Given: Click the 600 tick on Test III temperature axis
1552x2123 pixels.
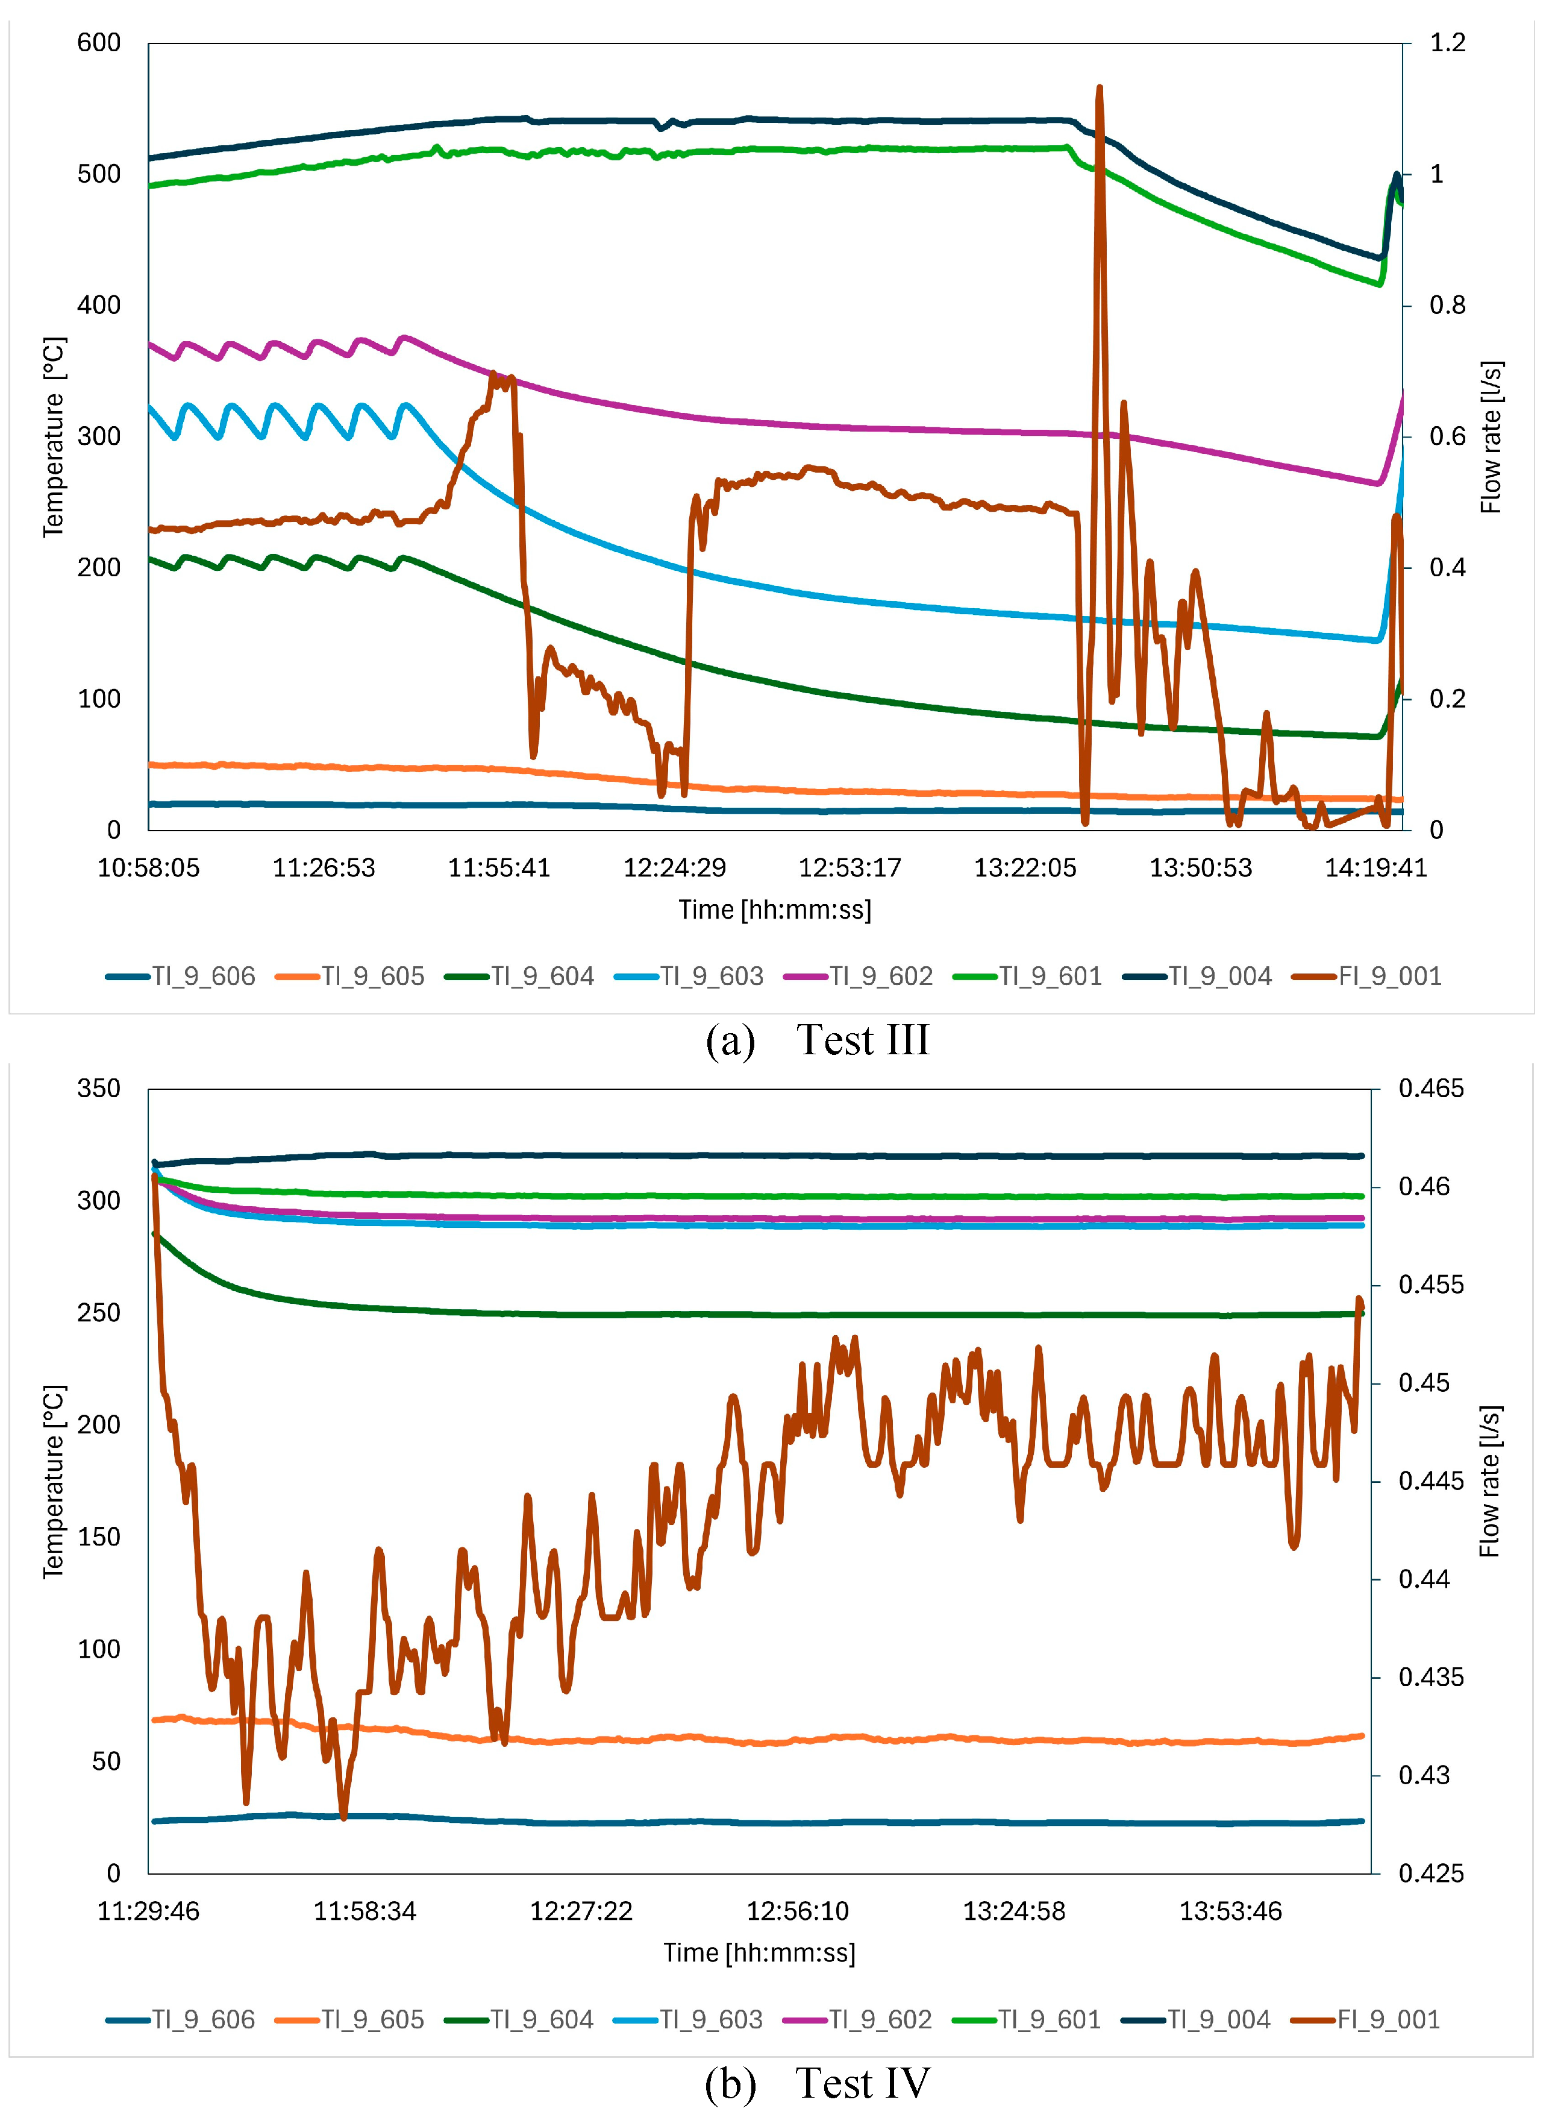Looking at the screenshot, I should pyautogui.click(x=99, y=43).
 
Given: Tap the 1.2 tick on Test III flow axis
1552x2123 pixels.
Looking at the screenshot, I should pyautogui.click(x=1447, y=43).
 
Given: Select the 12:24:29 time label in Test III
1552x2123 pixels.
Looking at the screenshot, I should pyautogui.click(x=675, y=867).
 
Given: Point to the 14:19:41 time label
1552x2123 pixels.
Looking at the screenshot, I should pyautogui.click(x=1375, y=867).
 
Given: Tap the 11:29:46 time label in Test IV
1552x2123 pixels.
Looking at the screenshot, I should pyautogui.click(x=148, y=1911).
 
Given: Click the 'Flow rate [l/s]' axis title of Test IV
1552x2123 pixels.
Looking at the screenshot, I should pyautogui.click(x=1490, y=1481).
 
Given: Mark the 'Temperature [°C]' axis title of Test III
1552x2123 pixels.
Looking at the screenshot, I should pyautogui.click(x=54, y=437).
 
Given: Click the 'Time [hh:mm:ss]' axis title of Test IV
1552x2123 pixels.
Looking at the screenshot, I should pyautogui.click(x=759, y=1953).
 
